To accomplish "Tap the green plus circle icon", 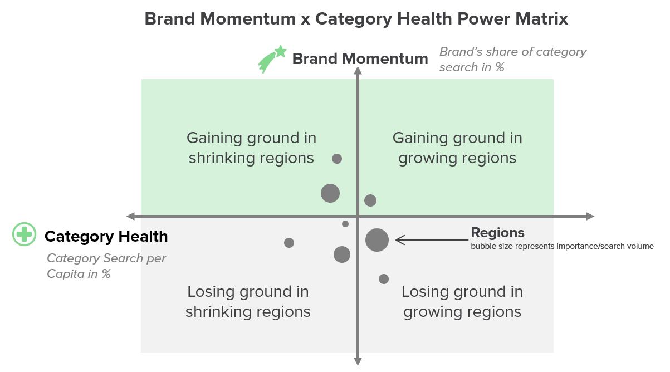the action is pos(25,234).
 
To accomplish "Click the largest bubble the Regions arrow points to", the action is pos(377,240).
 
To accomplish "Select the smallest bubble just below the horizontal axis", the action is pos(345,224).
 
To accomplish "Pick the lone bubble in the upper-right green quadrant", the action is pos(370,200).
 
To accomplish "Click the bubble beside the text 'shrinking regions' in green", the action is pos(337,159).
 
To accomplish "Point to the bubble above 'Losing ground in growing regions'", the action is pos(384,279).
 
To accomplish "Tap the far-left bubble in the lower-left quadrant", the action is pos(289,243).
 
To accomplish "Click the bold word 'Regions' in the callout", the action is pos(497,233).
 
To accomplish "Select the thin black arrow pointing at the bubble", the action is pos(432,240).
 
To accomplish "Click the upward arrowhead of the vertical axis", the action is pos(358,71).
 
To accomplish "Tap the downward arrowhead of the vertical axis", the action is pos(358,361).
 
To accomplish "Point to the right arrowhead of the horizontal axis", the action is pos(590,216).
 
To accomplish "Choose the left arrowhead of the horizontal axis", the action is pos(131,216).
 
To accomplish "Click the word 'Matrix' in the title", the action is pos(541,19).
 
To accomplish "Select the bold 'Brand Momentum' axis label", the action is pos(360,58).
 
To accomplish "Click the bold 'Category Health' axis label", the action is pos(106,237).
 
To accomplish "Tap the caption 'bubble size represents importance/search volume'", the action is pos(563,246).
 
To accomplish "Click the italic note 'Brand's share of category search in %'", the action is pos(513,59).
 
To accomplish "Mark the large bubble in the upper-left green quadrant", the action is pos(330,193).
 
